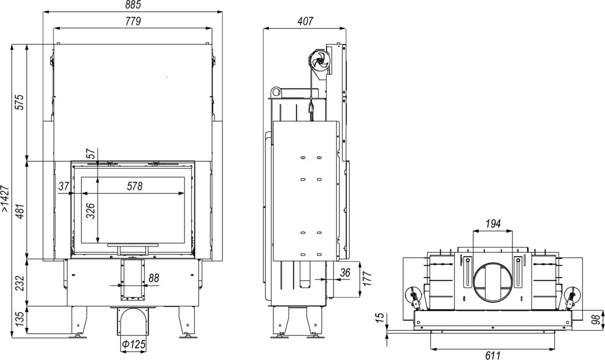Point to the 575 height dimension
(19, 102)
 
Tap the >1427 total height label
(6, 199)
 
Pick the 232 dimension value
(19, 283)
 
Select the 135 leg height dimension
(19, 320)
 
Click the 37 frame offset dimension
(64, 186)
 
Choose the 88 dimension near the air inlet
(154, 278)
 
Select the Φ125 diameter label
(132, 344)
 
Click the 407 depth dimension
(304, 21)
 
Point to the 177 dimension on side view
(367, 279)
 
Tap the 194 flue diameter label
(493, 224)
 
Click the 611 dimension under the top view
(493, 354)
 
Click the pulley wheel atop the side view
(319, 60)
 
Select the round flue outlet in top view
(493, 282)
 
